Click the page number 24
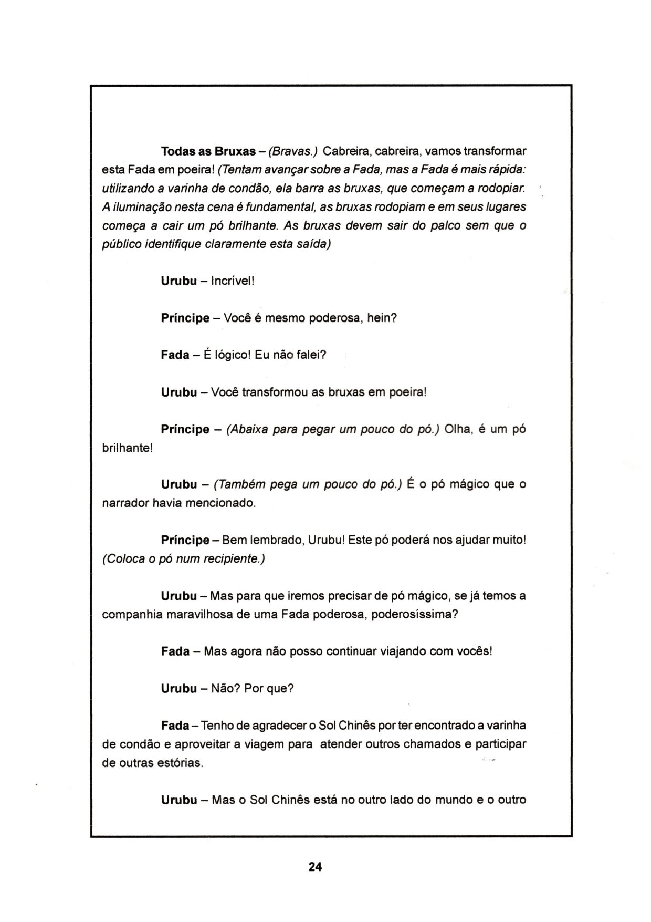315,866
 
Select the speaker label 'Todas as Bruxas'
208,151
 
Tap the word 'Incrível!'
232,281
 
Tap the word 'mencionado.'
223,503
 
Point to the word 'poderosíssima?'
415,614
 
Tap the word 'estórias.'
180,763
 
